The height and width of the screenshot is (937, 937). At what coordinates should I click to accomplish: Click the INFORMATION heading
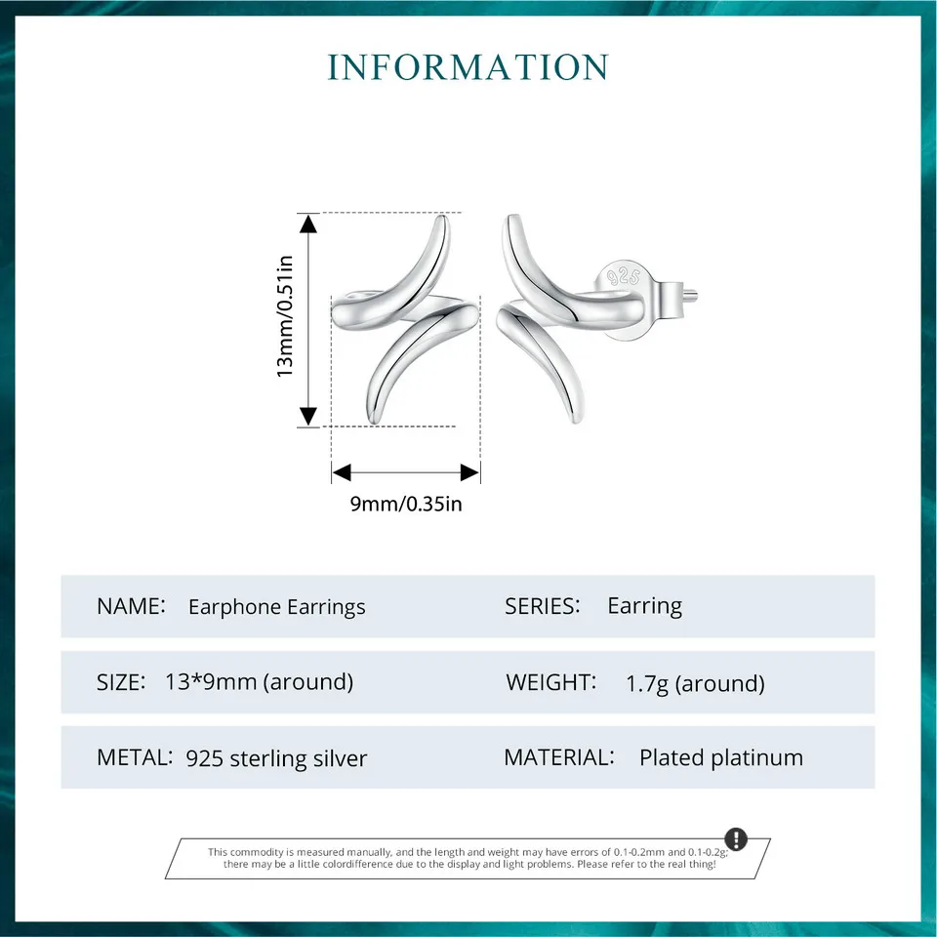point(468,67)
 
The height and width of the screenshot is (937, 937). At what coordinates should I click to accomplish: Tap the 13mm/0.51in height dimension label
point(285,316)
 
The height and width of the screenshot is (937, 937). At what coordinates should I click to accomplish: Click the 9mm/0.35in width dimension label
point(405,505)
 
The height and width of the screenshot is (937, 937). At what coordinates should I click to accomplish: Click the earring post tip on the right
point(700,290)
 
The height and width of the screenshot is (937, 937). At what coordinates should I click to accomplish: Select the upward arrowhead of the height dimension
point(308,224)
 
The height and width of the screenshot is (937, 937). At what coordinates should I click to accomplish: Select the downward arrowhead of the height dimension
point(308,416)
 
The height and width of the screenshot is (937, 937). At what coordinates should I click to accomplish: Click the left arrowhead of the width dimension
point(341,472)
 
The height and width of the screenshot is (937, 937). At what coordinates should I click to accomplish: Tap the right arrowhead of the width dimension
point(470,472)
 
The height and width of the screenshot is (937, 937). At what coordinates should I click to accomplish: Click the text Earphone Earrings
point(276,607)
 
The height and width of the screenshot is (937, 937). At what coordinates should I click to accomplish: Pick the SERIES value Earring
point(644,606)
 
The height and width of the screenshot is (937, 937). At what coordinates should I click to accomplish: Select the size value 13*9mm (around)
point(260,682)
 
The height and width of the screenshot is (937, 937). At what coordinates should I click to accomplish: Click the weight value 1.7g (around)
point(695,683)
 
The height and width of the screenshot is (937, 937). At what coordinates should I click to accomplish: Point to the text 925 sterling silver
point(276,758)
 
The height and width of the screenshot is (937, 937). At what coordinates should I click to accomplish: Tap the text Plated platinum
point(720,757)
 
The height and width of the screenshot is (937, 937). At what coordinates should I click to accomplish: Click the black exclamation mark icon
point(736,839)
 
